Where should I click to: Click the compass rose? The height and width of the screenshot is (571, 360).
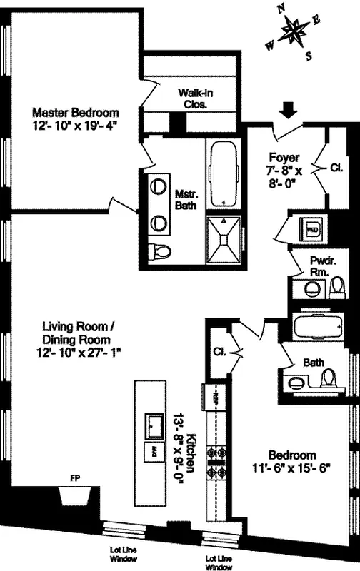294,31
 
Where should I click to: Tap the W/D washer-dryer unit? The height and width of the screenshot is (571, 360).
312,230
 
